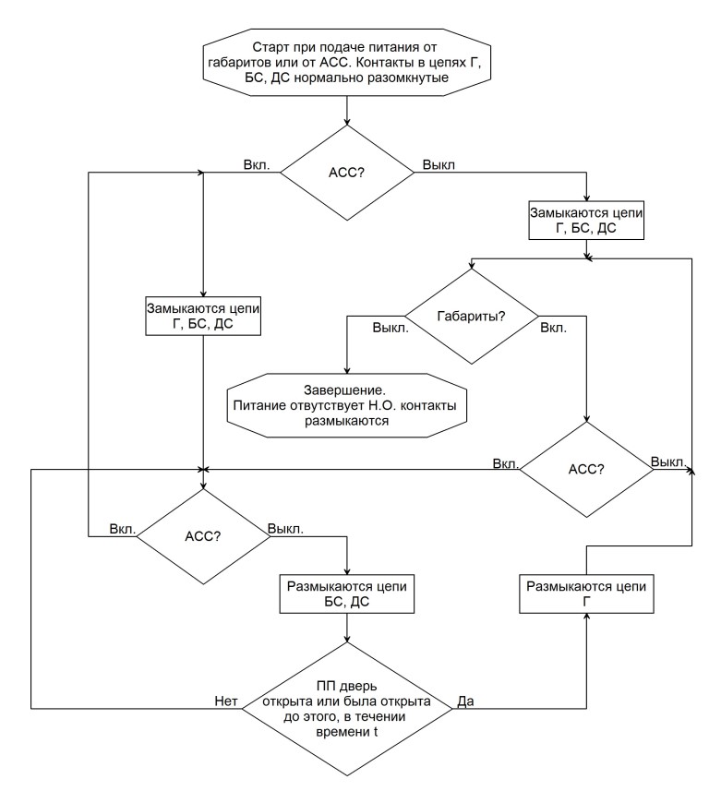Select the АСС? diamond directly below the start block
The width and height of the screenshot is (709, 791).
pyautogui.click(x=347, y=173)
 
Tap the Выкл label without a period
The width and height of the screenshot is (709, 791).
pyautogui.click(x=439, y=165)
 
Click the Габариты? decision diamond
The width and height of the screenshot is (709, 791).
pyautogui.click(x=472, y=317)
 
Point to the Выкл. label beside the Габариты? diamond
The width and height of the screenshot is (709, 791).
pyautogui.click(x=391, y=328)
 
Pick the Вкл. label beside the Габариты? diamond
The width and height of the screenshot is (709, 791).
pyautogui.click(x=554, y=328)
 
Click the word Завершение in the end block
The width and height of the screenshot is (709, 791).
pyautogui.click(x=344, y=390)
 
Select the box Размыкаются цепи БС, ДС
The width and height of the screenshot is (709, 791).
pyautogui.click(x=347, y=593)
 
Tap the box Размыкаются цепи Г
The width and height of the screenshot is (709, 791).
pyautogui.click(x=586, y=593)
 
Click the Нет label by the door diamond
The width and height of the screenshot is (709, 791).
pyautogui.click(x=226, y=701)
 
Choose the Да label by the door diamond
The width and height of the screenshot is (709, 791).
pyautogui.click(x=465, y=701)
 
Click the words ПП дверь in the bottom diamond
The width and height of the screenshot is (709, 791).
pyautogui.click(x=347, y=687)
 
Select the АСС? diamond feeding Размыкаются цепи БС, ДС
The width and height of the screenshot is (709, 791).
pyautogui.click(x=203, y=536)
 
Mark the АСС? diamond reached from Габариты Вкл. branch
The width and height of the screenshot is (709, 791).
pyautogui.click(x=586, y=469)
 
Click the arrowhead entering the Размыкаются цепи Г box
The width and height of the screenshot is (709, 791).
pyautogui.click(x=586, y=617)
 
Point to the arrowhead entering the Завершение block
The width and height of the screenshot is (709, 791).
pyautogui.click(x=347, y=370)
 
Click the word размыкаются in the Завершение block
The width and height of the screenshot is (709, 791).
pyautogui.click(x=347, y=421)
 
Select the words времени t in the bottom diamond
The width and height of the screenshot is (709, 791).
pyautogui.click(x=347, y=732)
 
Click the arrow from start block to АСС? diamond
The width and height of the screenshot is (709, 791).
pyautogui.click(x=347, y=110)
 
